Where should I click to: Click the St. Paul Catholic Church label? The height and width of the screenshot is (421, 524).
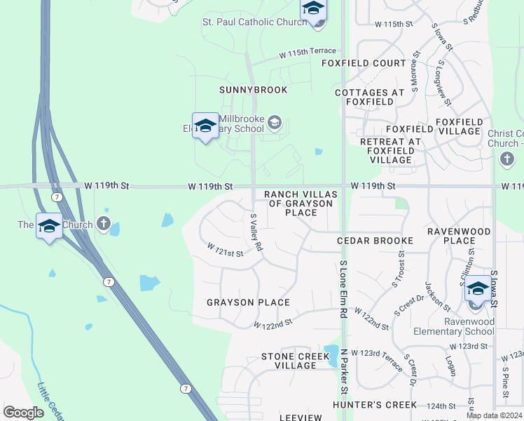[254, 22]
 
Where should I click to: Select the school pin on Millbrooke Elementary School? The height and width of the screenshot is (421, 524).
[205, 126]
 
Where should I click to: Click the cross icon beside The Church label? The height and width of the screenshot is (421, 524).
[104, 225]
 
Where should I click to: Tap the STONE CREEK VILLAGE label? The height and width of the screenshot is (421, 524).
[295, 361]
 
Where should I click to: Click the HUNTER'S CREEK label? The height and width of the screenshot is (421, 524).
[375, 405]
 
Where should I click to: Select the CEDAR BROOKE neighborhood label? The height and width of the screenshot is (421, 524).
[375, 241]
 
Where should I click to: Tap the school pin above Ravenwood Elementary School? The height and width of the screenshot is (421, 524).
[477, 290]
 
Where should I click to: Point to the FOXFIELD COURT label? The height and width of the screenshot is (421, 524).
[364, 63]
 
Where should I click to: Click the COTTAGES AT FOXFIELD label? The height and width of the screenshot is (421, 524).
[370, 97]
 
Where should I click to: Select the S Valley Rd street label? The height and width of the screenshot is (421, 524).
[256, 232]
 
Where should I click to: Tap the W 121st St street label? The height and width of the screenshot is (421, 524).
[225, 249]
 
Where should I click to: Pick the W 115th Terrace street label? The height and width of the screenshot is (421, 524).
[307, 53]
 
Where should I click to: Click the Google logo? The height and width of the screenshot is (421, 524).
[24, 412]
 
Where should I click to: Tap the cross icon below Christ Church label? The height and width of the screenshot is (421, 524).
[507, 160]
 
